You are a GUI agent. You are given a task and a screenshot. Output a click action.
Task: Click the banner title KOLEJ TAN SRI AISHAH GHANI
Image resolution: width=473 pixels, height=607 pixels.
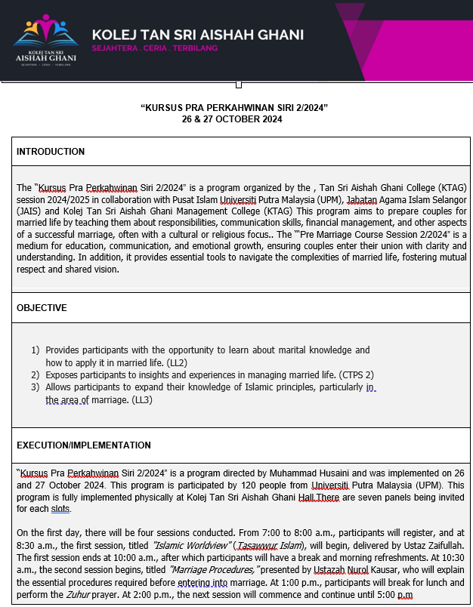[x=197, y=35]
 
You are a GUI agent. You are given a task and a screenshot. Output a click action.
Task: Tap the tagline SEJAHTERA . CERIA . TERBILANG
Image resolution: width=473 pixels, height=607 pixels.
[x=154, y=48]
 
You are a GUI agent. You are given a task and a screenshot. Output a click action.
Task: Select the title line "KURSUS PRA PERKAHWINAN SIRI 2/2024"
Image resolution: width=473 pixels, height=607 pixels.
[x=234, y=108]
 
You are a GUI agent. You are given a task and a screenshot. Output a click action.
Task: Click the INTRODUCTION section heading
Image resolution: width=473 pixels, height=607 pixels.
[x=51, y=152]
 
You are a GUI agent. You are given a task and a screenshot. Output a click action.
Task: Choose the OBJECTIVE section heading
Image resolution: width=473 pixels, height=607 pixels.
[x=42, y=308]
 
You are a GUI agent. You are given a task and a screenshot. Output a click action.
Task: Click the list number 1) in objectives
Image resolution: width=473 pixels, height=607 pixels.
[x=36, y=350]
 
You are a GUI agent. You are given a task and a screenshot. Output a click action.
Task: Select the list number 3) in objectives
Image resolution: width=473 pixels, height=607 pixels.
[x=36, y=387]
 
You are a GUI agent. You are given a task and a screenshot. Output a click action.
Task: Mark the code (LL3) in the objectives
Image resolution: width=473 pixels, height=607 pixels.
[x=142, y=399]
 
